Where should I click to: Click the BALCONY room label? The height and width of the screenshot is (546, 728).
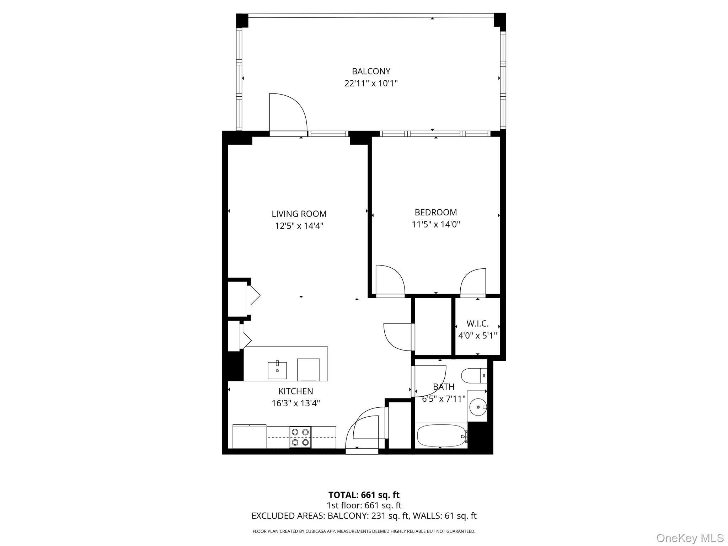[x=371, y=71]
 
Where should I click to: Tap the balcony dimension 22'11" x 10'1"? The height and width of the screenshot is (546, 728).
[x=371, y=84]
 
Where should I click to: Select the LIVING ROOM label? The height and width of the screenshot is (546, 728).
[x=299, y=214]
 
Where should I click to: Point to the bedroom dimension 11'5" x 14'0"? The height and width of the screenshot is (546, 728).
[x=436, y=224]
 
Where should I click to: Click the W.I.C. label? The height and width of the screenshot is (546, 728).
[x=477, y=323]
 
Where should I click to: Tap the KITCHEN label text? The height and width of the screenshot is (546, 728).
[x=295, y=391]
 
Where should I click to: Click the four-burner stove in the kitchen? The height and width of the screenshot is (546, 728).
[x=300, y=437]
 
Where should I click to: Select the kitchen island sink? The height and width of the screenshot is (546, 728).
[x=277, y=370]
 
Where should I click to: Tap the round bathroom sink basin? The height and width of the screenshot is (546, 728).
[x=478, y=407]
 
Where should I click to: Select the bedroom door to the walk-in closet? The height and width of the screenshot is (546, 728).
[x=473, y=283]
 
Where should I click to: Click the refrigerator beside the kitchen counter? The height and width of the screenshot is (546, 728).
[x=249, y=437]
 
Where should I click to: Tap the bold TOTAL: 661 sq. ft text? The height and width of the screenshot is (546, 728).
[x=364, y=495]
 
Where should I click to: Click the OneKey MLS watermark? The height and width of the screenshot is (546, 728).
[x=690, y=538]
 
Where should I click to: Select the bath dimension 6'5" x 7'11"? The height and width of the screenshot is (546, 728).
[x=443, y=399]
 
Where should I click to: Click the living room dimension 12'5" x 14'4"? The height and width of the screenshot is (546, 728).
[x=299, y=226]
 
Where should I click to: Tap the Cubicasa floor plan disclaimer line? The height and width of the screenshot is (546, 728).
[x=364, y=531]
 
